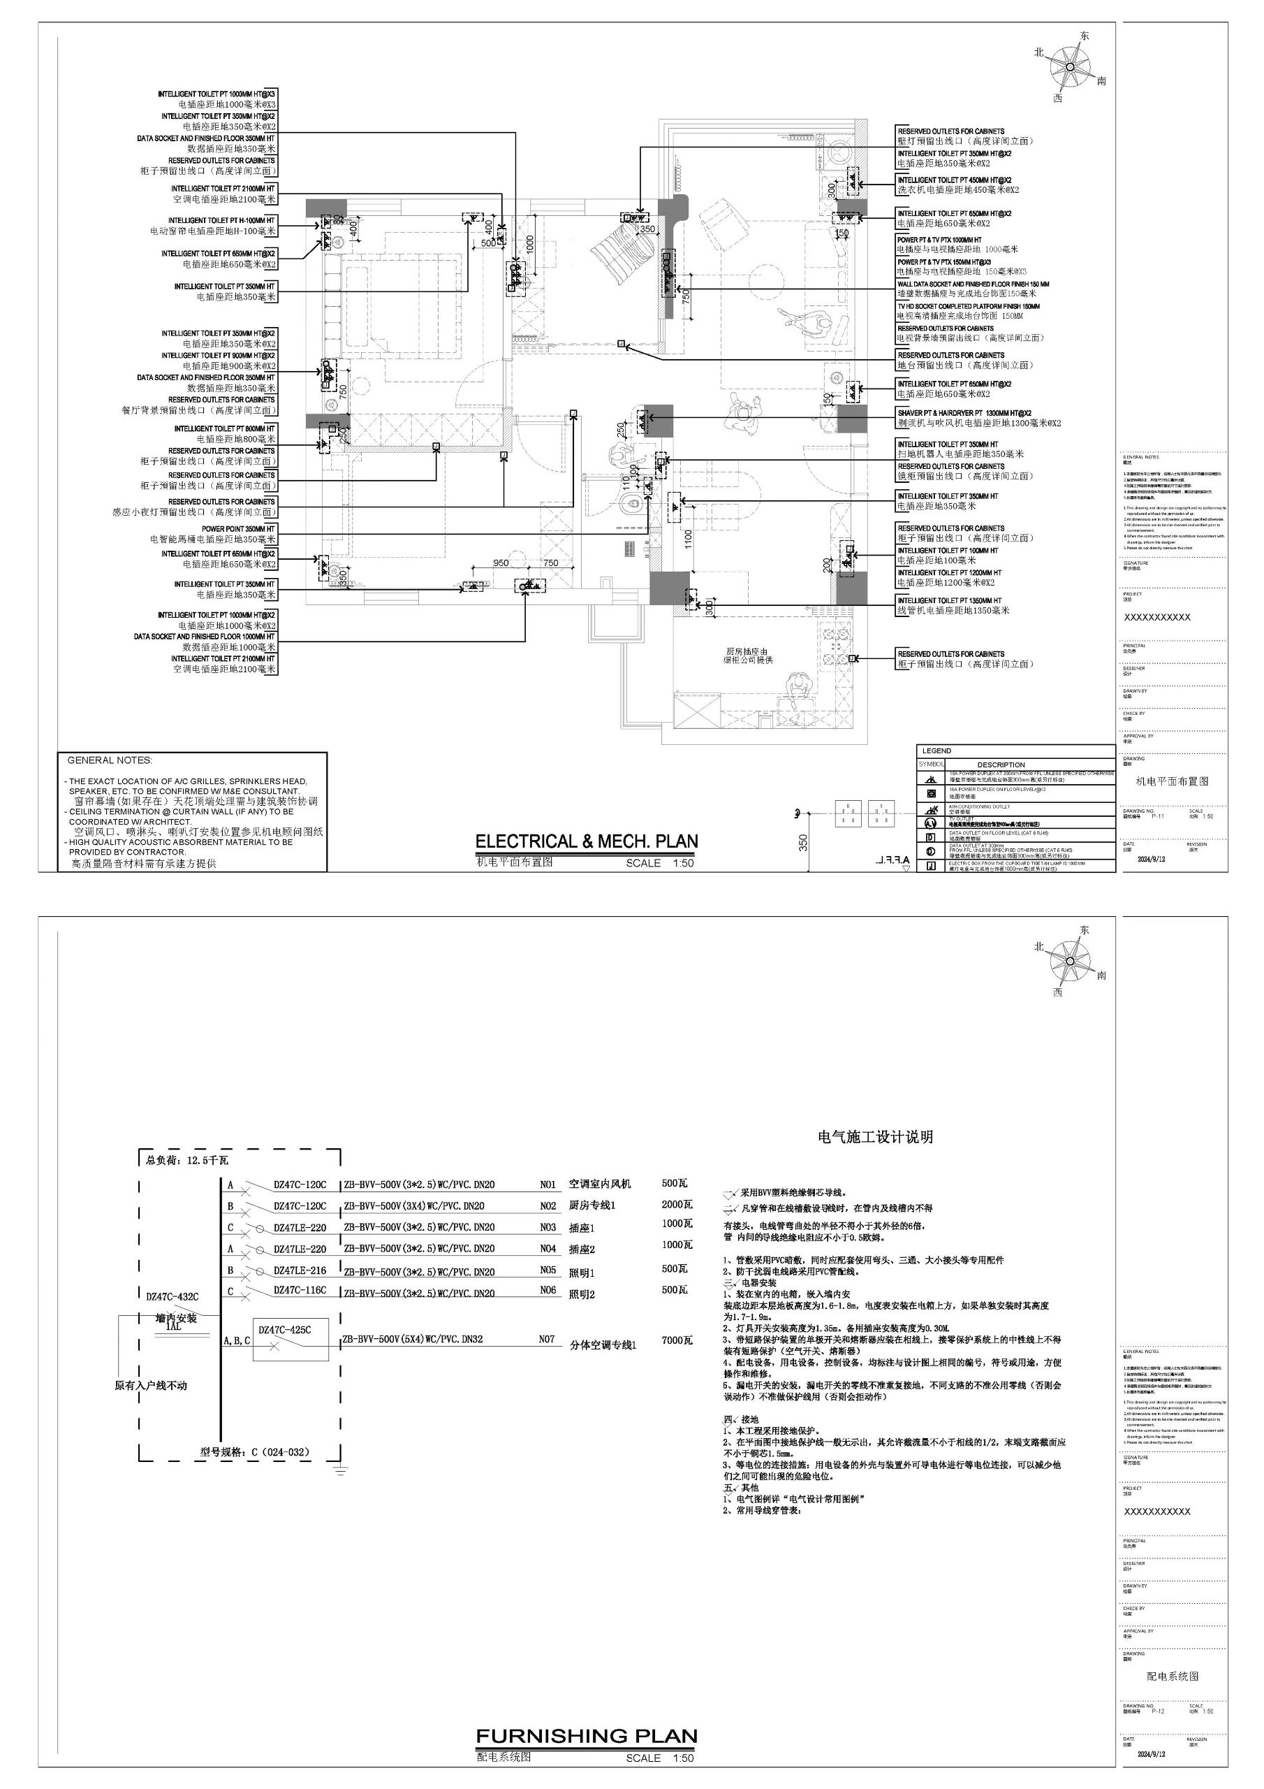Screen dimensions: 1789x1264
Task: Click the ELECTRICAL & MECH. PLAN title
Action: tap(587, 841)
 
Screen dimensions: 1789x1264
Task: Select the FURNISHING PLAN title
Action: tap(587, 1735)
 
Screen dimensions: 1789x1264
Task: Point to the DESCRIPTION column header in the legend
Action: tap(1001, 765)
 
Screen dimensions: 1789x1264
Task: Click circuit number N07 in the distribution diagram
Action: tap(548, 1340)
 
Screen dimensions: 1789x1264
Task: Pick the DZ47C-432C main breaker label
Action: tap(172, 1296)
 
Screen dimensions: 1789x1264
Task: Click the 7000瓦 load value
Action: tap(677, 1340)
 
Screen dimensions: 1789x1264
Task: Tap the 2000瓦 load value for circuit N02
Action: tap(677, 1205)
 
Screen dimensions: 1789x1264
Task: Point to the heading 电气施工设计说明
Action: tap(876, 1137)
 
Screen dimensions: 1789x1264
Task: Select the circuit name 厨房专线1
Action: tap(592, 1205)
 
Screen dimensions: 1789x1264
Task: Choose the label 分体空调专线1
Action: tap(603, 1345)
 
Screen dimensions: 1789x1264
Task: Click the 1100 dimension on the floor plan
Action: tap(689, 538)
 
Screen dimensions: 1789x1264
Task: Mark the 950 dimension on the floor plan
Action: tap(501, 563)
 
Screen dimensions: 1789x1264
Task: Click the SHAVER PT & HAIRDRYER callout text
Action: tap(964, 413)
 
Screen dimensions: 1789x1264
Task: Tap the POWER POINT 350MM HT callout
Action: tap(238, 528)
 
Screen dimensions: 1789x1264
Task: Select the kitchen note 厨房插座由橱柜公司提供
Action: tap(747, 656)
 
